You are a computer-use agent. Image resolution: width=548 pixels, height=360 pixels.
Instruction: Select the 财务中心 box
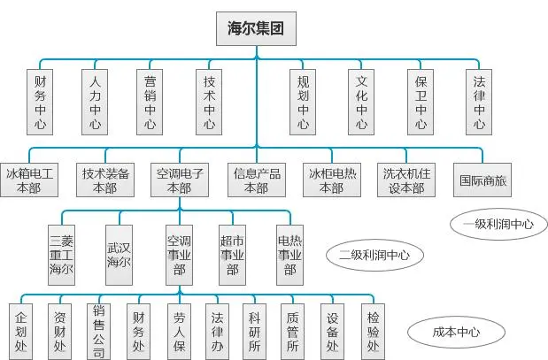click(40, 102)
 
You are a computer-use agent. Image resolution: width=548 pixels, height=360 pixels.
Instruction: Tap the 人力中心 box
click(95, 102)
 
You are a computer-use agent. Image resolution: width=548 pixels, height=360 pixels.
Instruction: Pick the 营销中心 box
click(151, 102)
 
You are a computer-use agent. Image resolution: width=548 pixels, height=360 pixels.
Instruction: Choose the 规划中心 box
click(304, 102)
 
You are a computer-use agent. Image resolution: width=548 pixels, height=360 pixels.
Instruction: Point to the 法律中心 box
click(479, 102)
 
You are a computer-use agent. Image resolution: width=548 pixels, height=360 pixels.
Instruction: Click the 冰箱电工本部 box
click(28, 180)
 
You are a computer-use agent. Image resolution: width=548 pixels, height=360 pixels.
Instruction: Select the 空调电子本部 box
click(180, 180)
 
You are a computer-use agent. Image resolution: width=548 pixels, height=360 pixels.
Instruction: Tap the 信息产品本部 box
click(255, 180)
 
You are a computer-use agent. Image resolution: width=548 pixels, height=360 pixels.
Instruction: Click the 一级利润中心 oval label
click(498, 224)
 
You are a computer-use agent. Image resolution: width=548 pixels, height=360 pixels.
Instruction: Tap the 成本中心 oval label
click(456, 333)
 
